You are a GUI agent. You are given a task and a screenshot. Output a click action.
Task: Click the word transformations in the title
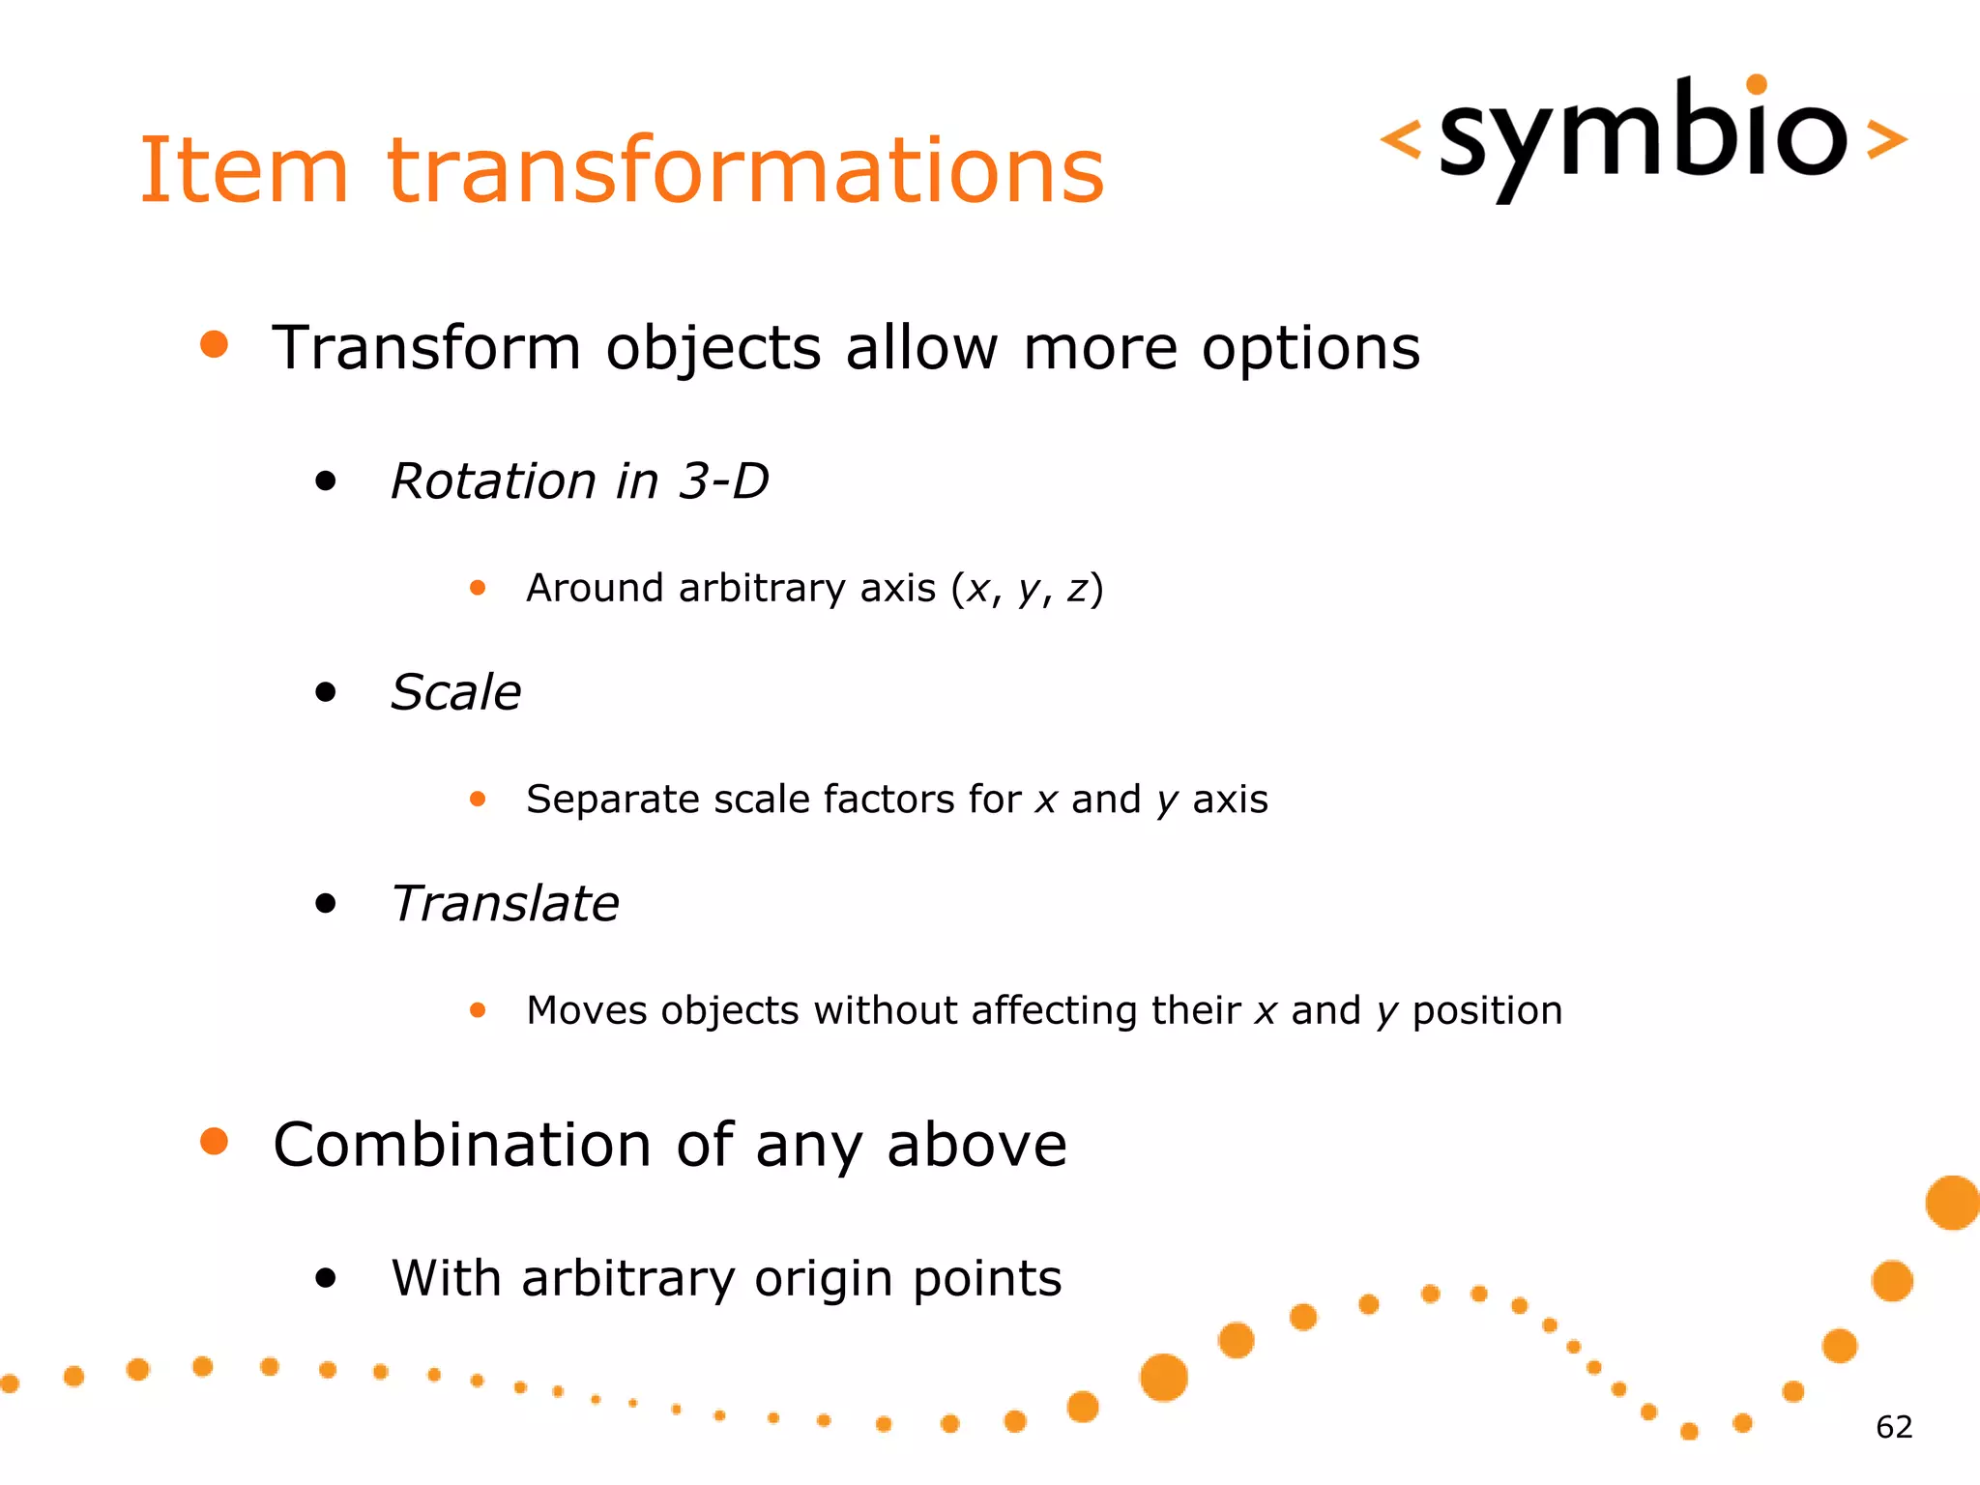pyautogui.click(x=745, y=171)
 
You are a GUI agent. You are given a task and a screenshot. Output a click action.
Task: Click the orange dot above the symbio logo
pyautogui.click(x=1757, y=84)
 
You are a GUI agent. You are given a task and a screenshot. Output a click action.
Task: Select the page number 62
pyautogui.click(x=1893, y=1427)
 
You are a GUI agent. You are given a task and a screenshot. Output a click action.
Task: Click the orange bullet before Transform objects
pyautogui.click(x=214, y=344)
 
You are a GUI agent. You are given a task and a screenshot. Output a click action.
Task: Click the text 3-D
pyautogui.click(x=723, y=480)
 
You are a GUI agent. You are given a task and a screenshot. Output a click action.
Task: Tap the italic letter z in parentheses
pyautogui.click(x=1077, y=589)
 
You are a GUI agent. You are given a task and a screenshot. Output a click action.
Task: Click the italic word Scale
pyautogui.click(x=455, y=692)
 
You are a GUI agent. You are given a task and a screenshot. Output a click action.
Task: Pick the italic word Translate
pyautogui.click(x=505, y=904)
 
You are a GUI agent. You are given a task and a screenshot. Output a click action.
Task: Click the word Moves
pyautogui.click(x=586, y=1010)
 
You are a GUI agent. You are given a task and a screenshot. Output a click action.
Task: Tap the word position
pyautogui.click(x=1486, y=1011)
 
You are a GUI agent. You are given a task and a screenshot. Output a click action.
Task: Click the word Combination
pyautogui.click(x=462, y=1145)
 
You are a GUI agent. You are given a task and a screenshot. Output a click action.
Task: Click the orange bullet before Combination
pyautogui.click(x=214, y=1141)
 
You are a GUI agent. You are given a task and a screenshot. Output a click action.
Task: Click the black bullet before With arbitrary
pyautogui.click(x=326, y=1278)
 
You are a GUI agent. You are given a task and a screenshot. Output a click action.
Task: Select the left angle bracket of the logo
pyautogui.click(x=1400, y=138)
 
